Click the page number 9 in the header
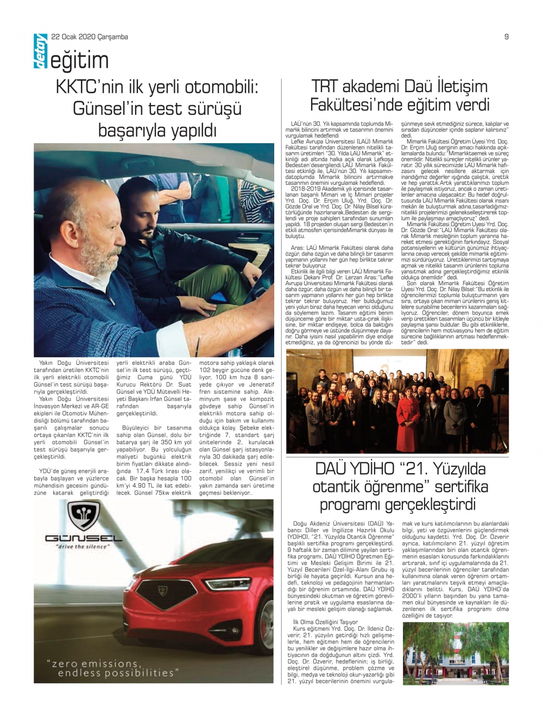tap(506, 37)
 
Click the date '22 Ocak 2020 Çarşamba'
tap(90, 37)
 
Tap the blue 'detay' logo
tap(41, 52)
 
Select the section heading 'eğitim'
tap(79, 61)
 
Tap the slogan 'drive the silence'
tap(83, 547)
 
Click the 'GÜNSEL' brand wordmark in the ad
tap(83, 538)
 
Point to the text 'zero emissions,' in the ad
tap(92, 664)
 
